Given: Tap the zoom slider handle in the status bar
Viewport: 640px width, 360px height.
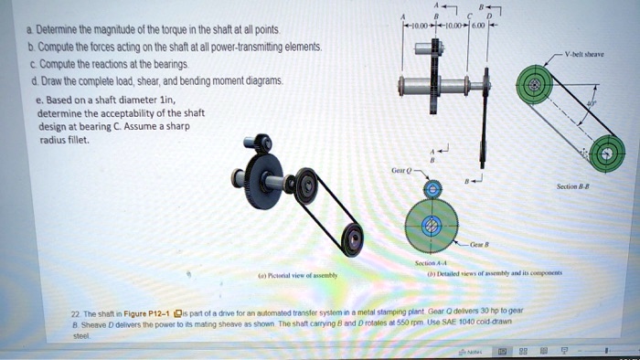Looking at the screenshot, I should coord(604,349).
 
